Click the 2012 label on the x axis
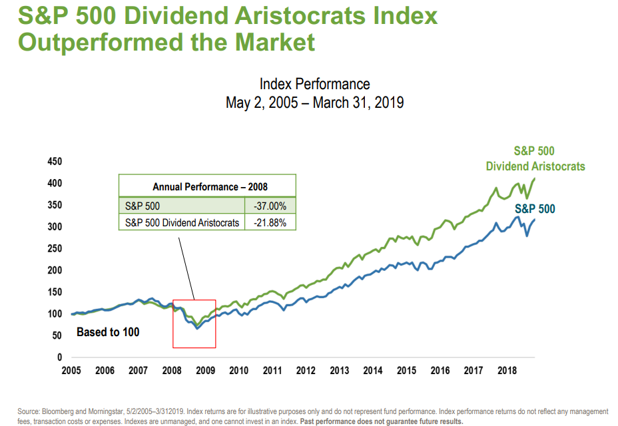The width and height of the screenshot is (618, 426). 306,371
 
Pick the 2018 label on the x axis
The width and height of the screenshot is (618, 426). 507,371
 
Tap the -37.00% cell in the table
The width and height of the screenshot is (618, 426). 270,206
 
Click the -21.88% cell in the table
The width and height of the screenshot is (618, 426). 270,222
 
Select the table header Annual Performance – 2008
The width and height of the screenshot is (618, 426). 206,187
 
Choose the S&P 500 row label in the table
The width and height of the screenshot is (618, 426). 143,206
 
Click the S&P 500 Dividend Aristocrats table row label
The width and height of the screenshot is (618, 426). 182,222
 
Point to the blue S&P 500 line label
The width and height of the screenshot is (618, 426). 535,209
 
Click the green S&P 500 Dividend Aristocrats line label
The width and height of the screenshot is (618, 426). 535,158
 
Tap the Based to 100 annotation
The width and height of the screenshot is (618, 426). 108,331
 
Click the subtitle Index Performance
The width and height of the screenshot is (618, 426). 314,84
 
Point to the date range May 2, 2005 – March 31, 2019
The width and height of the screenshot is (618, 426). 314,103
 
